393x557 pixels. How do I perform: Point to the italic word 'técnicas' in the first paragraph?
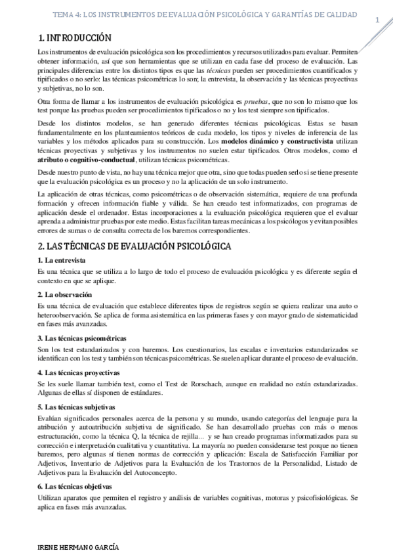click(218, 69)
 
